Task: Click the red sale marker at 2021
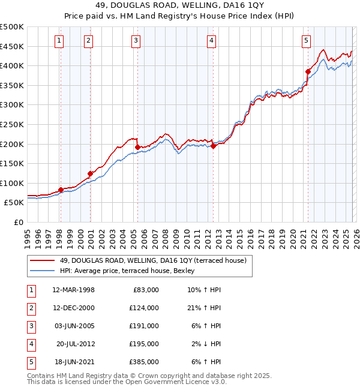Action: pos(308,71)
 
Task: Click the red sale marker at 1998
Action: pos(61,190)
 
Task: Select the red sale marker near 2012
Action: pos(213,145)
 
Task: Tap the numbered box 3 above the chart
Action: pos(136,41)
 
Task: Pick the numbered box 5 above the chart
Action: pos(306,41)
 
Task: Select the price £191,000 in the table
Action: pos(145,326)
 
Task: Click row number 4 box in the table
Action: pos(31,344)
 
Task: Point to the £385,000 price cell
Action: pos(145,362)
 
